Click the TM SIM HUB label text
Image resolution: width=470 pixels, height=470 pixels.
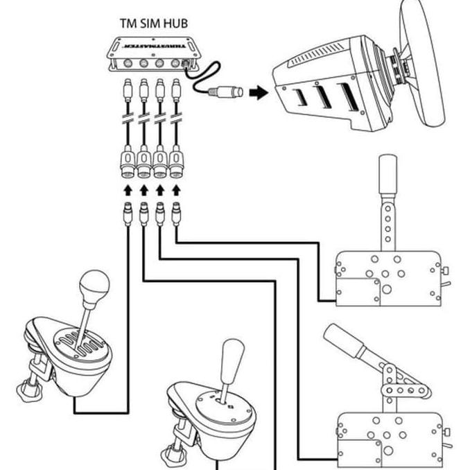click(x=153, y=23)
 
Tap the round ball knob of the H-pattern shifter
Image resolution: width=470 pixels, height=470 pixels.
click(x=94, y=284)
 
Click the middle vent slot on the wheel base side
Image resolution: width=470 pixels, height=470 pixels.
click(x=320, y=97)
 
